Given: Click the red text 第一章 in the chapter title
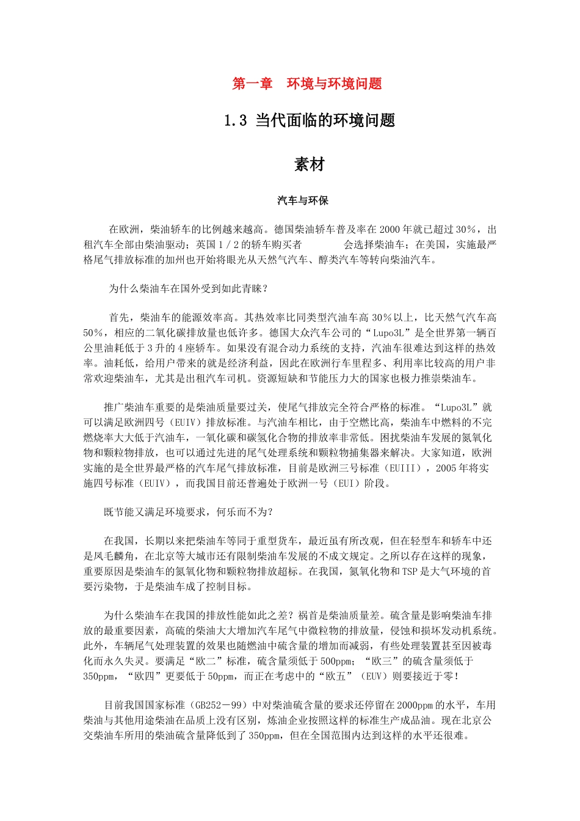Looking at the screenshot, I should click(x=252, y=84).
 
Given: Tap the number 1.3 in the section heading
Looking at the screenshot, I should click(x=235, y=120).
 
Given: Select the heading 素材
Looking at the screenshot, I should click(x=310, y=164).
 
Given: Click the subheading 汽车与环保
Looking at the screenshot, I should click(x=303, y=200).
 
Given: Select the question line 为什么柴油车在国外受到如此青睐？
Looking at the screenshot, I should click(x=189, y=288).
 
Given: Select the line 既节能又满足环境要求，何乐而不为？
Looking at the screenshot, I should click(x=189, y=512).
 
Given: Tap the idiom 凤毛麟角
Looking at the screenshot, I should click(x=114, y=556).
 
